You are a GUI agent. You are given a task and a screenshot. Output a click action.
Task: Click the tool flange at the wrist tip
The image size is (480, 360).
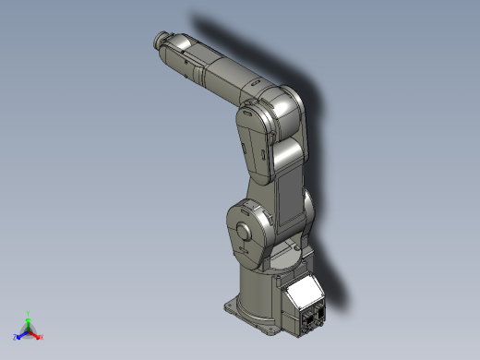pyautogui.click(x=157, y=40)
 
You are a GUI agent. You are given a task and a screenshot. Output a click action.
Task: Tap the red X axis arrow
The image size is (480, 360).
pyautogui.click(x=36, y=335)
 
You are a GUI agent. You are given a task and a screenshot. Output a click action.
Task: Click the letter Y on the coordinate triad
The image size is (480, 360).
pyautogui.click(x=29, y=313)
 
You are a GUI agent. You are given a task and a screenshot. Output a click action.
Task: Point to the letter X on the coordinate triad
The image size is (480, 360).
pyautogui.click(x=42, y=337)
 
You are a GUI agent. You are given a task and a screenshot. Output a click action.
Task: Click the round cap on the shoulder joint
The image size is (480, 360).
pyautogui.click(x=245, y=231)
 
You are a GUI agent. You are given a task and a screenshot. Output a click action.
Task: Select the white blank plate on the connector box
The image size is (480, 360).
pyautogui.click(x=301, y=296)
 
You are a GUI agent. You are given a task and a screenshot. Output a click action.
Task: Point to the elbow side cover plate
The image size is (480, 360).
pyautogui.click(x=252, y=138)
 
